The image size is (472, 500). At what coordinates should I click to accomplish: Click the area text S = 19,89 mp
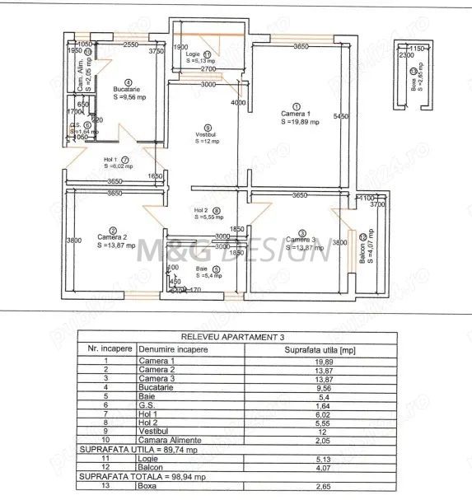[x=296, y=122]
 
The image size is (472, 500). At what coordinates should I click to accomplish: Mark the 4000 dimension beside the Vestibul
[x=238, y=103]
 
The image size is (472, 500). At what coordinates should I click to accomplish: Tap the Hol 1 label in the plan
[x=110, y=159]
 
